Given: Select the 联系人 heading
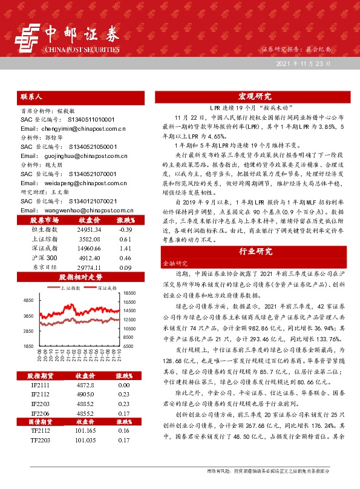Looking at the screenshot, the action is [x=31, y=96].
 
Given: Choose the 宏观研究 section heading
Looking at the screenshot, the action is [x=255, y=97].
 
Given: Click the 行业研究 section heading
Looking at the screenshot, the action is [x=255, y=251].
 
